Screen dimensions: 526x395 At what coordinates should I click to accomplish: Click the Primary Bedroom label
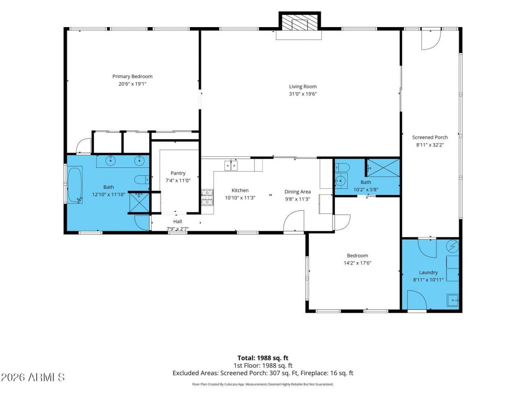click(132, 77)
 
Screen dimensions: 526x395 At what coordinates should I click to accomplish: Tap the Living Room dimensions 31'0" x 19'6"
click(303, 94)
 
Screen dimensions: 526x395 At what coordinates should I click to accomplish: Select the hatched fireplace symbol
click(300, 23)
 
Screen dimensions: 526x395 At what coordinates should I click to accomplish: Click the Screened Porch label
click(430, 137)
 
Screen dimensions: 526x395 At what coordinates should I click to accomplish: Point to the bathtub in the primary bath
click(75, 185)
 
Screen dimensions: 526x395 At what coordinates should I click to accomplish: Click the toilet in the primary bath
click(142, 179)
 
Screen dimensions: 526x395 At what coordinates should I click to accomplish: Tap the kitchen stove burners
click(207, 197)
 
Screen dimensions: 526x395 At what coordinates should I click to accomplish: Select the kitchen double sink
click(231, 166)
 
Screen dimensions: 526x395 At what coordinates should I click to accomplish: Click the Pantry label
click(178, 173)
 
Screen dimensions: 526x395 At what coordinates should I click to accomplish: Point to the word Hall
click(178, 222)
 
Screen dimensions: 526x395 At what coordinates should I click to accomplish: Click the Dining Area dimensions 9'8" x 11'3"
click(298, 199)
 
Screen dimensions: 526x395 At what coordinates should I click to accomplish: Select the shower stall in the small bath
click(383, 167)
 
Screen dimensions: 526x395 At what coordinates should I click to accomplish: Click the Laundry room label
click(428, 272)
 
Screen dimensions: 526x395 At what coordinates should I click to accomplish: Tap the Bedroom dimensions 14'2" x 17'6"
click(358, 263)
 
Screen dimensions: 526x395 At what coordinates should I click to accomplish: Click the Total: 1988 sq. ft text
click(263, 358)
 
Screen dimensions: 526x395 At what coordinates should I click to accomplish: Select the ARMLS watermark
click(33, 377)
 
